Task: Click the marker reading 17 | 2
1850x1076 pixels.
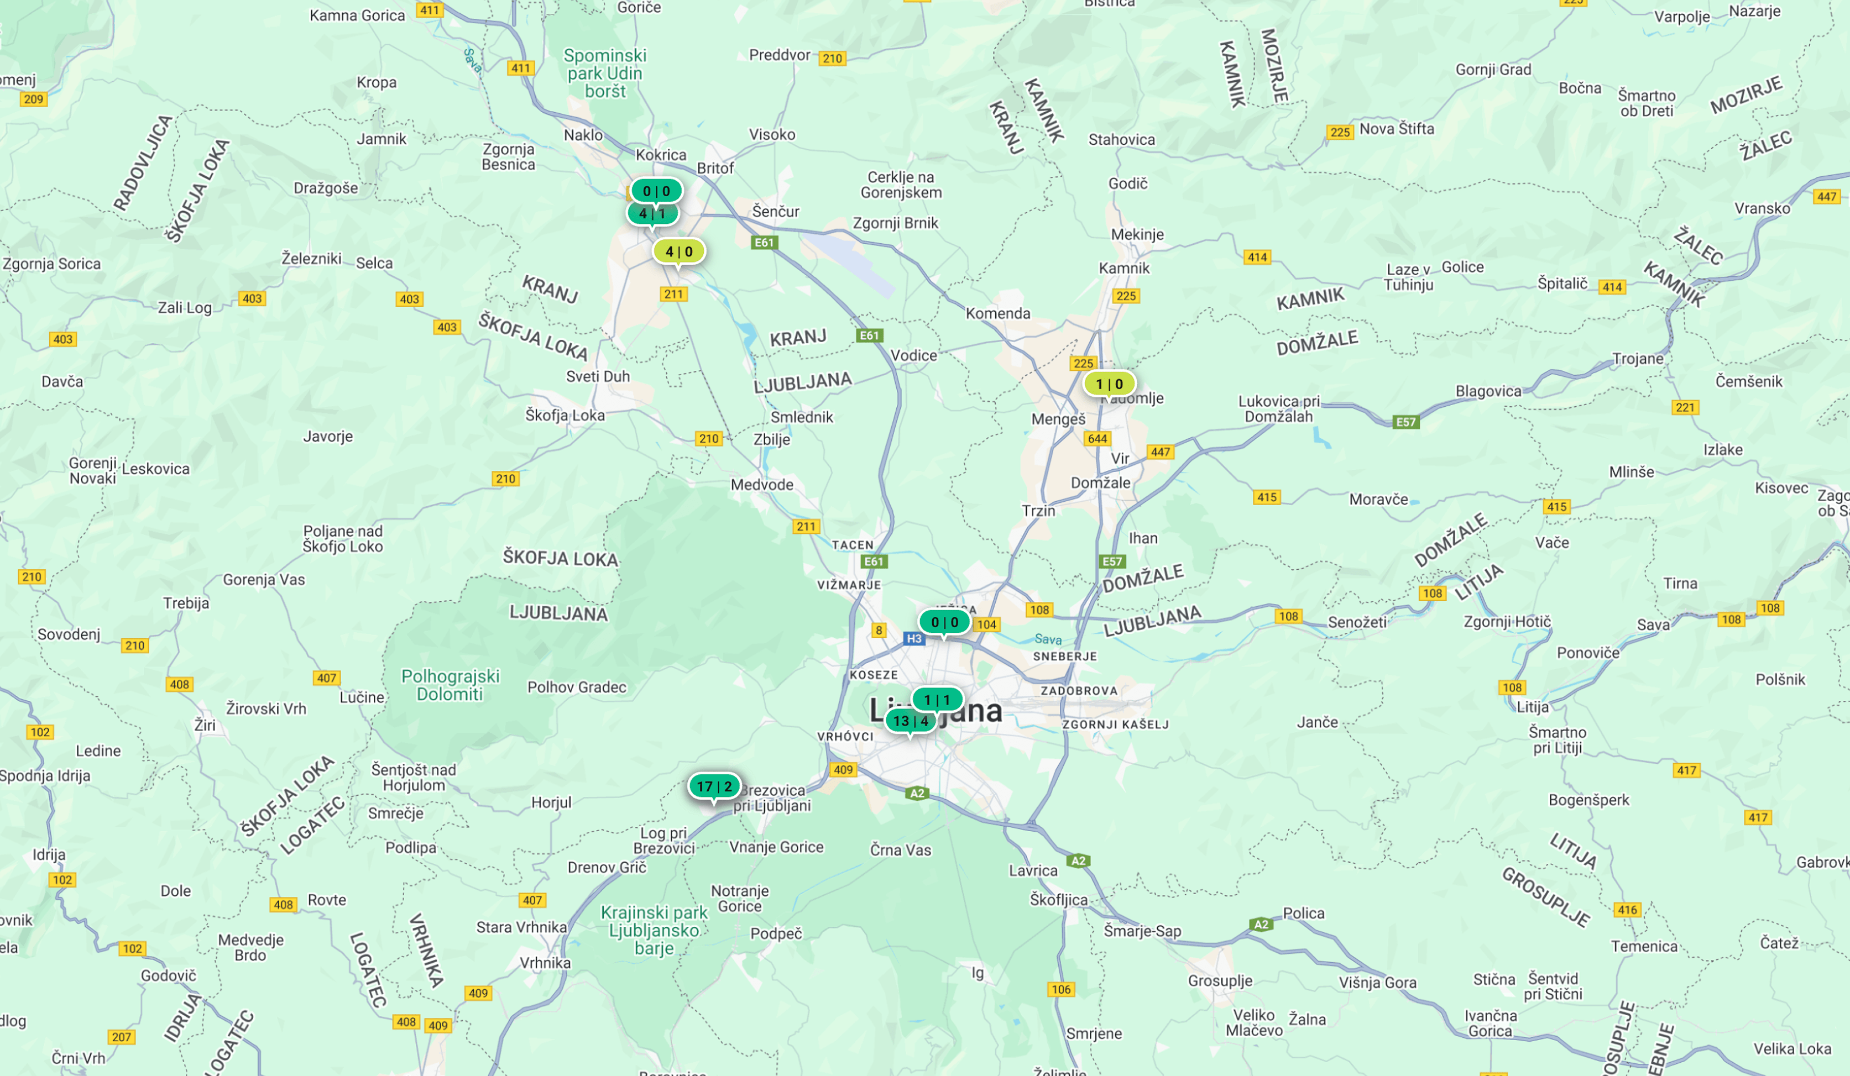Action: (x=714, y=786)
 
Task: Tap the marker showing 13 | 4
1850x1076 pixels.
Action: (x=910, y=721)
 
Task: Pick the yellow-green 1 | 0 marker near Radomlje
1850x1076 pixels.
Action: (x=1109, y=384)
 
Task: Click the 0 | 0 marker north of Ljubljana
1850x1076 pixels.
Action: (x=944, y=622)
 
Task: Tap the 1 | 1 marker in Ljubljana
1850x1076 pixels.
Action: (x=937, y=700)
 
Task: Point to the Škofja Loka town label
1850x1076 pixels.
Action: (x=565, y=416)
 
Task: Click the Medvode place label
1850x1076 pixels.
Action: (x=762, y=485)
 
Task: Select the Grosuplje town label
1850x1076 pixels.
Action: (x=1220, y=980)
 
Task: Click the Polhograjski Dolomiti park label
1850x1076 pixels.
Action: (x=450, y=685)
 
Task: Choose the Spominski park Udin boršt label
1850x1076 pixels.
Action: (x=605, y=74)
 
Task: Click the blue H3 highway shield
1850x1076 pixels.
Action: (x=914, y=638)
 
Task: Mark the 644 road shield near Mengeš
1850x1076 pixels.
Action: (x=1098, y=439)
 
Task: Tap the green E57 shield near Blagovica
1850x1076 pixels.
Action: (x=1405, y=422)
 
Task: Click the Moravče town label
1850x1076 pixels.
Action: (x=1378, y=499)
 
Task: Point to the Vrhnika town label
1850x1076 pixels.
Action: (x=545, y=962)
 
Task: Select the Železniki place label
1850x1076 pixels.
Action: (x=311, y=258)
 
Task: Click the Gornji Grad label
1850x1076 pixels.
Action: (x=1493, y=70)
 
